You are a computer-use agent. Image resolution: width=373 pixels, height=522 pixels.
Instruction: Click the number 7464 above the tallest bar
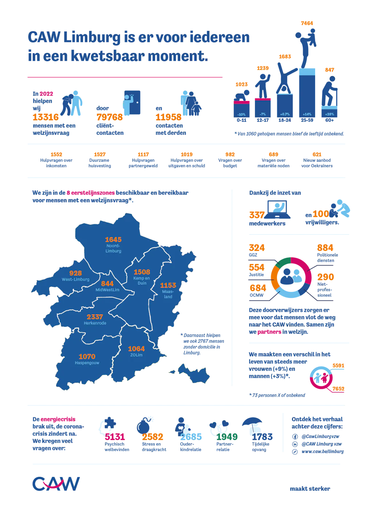click(x=307, y=23)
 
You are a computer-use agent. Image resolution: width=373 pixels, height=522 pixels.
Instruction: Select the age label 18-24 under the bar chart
click(x=284, y=120)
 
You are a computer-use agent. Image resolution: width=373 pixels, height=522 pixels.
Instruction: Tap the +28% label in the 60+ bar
click(x=329, y=114)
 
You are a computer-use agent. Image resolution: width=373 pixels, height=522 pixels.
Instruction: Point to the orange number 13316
click(x=46, y=117)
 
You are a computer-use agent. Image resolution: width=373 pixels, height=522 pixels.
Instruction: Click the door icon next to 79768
click(x=132, y=102)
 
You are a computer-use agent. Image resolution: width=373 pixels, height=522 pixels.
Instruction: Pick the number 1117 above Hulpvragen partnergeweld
click(x=143, y=154)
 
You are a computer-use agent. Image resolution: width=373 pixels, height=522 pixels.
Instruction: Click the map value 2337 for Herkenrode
click(x=95, y=317)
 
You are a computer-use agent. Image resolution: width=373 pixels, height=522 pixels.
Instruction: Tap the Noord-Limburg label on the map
click(x=113, y=248)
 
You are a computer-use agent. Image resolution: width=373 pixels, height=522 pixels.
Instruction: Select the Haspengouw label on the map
click(x=87, y=363)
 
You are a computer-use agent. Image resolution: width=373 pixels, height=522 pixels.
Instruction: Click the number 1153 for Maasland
click(x=168, y=285)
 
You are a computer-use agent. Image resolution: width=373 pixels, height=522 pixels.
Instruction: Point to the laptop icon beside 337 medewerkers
click(x=278, y=210)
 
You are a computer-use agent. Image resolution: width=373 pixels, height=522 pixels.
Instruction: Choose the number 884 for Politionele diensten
click(x=325, y=248)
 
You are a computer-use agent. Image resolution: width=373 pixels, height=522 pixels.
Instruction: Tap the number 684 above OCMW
click(x=258, y=288)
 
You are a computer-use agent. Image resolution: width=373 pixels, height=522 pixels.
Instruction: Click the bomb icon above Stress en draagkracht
click(x=144, y=425)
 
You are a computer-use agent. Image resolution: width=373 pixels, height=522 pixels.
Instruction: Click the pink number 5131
click(x=115, y=437)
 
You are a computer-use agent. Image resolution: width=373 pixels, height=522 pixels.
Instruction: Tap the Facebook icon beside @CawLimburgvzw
click(x=295, y=436)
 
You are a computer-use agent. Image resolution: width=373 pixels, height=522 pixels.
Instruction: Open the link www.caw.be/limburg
click(x=322, y=452)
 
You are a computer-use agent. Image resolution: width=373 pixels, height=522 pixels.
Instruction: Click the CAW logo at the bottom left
click(x=56, y=484)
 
